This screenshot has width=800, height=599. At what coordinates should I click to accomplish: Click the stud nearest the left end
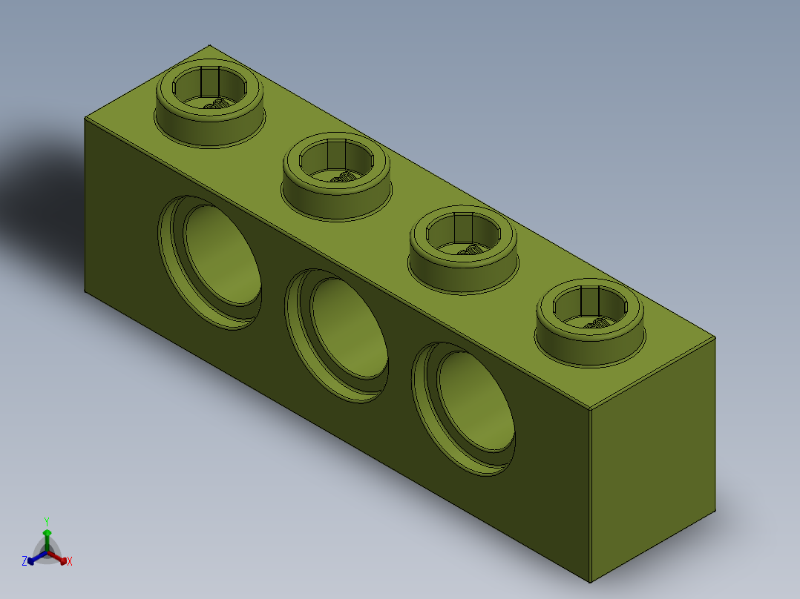tap(209, 104)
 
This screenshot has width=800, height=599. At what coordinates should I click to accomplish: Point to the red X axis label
tap(70, 561)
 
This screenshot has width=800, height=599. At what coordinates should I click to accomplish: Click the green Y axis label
tap(46, 521)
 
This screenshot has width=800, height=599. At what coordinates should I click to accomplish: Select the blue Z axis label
tap(24, 561)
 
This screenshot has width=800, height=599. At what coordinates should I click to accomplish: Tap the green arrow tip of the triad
tap(46, 532)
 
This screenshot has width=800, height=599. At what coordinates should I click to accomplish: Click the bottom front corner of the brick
tap(589, 583)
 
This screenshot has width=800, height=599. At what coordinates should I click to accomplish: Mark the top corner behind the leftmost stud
tap(210, 45)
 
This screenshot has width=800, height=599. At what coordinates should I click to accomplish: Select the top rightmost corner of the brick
tap(715, 337)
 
